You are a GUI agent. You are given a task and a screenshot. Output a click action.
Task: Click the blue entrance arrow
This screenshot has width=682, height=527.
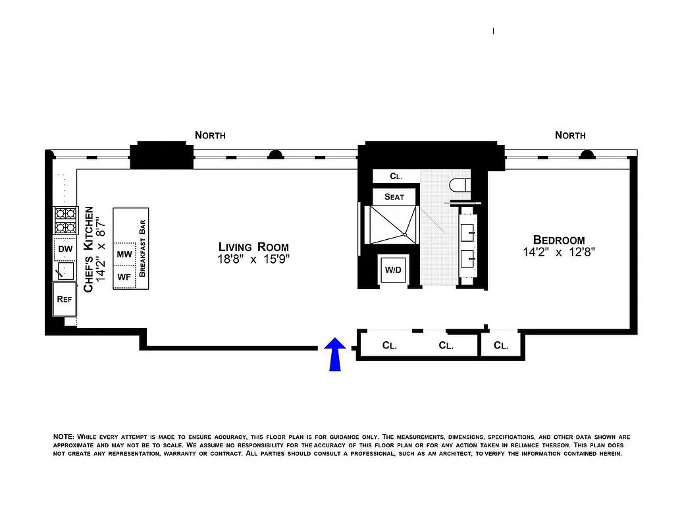(336, 353)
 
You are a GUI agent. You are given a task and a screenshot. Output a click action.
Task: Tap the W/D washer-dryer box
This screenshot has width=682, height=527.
(394, 270)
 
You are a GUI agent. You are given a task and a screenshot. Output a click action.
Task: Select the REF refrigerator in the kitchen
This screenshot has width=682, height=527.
(65, 299)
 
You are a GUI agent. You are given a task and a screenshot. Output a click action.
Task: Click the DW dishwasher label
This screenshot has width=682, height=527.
(65, 249)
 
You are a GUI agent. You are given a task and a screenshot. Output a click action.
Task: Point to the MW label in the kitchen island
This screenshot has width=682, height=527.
(124, 254)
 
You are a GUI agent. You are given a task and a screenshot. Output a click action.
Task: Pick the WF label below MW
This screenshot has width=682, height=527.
(124, 277)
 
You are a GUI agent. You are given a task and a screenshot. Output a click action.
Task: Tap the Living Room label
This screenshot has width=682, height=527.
(254, 246)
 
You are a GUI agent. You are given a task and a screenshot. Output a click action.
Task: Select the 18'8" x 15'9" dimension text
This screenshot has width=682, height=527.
(254, 259)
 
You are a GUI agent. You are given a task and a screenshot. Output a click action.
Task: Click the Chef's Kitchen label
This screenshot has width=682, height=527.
(89, 248)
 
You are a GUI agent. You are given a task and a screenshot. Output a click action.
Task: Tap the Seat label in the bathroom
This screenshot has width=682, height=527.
(394, 197)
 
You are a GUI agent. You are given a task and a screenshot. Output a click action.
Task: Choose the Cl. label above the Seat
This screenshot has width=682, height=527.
(396, 177)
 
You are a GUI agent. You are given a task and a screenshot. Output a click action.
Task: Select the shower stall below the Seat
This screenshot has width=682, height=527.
(392, 224)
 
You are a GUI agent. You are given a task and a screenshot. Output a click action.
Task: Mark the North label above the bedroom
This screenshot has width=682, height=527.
(570, 135)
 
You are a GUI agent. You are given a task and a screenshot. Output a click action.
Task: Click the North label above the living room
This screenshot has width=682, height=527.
(210, 135)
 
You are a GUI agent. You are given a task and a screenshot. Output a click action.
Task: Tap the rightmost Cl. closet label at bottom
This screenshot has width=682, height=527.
(501, 345)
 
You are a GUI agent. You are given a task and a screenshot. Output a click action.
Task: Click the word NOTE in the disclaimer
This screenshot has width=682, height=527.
(63, 437)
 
